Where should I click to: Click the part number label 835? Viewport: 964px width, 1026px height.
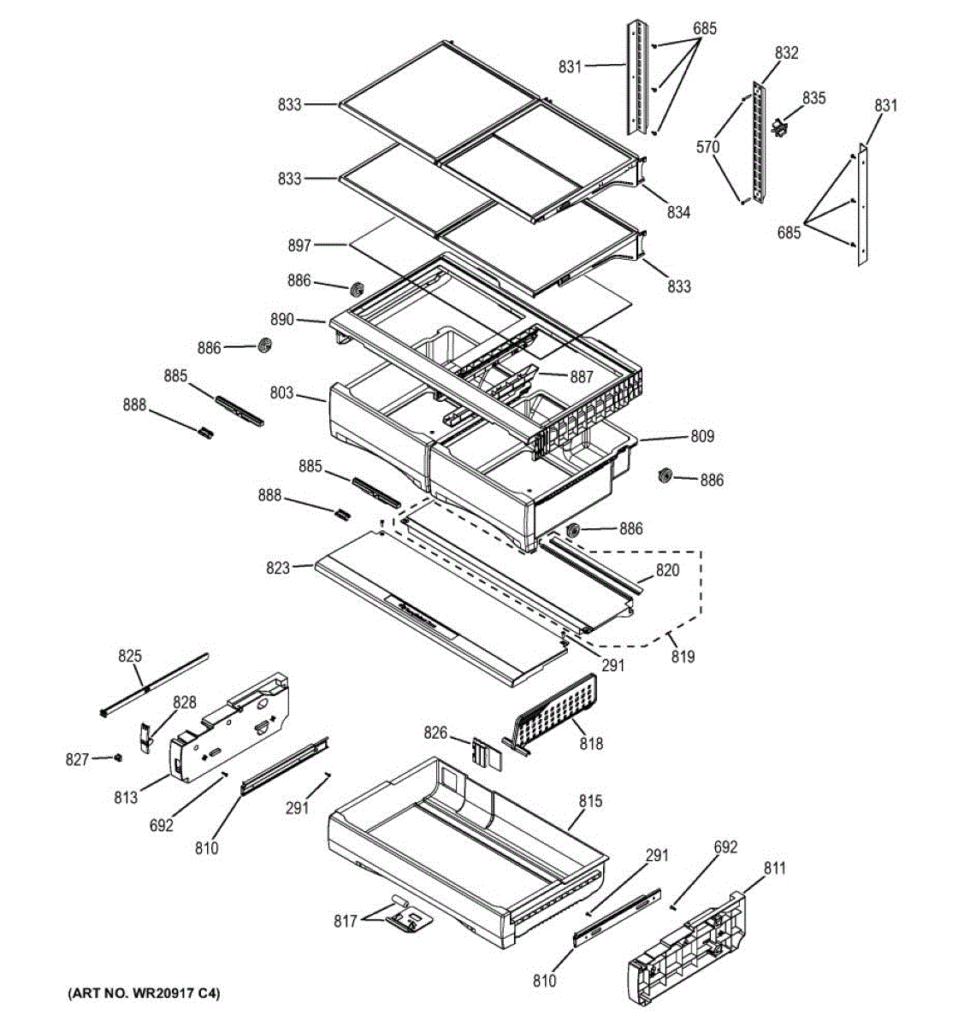click(x=813, y=98)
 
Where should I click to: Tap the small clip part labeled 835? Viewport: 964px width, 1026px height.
click(x=779, y=127)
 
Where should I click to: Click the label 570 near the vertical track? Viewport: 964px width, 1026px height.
click(x=707, y=147)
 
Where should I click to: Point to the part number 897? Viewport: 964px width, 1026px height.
click(x=299, y=245)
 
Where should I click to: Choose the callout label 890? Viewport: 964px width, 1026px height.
click(x=281, y=320)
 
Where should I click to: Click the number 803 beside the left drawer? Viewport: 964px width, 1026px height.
click(x=281, y=393)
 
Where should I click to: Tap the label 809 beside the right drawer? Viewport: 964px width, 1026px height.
click(x=702, y=436)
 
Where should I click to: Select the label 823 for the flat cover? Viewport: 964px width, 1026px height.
click(x=278, y=566)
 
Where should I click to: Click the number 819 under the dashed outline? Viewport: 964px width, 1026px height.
click(x=683, y=657)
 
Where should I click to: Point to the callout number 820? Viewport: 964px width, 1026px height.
click(x=667, y=570)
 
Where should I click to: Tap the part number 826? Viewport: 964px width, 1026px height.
click(x=435, y=733)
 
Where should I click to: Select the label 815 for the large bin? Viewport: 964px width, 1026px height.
click(x=590, y=801)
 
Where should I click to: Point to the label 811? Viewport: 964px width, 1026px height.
click(x=774, y=869)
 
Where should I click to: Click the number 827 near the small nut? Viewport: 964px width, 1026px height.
click(x=77, y=758)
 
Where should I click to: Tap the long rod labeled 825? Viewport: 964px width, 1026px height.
click(x=154, y=683)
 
